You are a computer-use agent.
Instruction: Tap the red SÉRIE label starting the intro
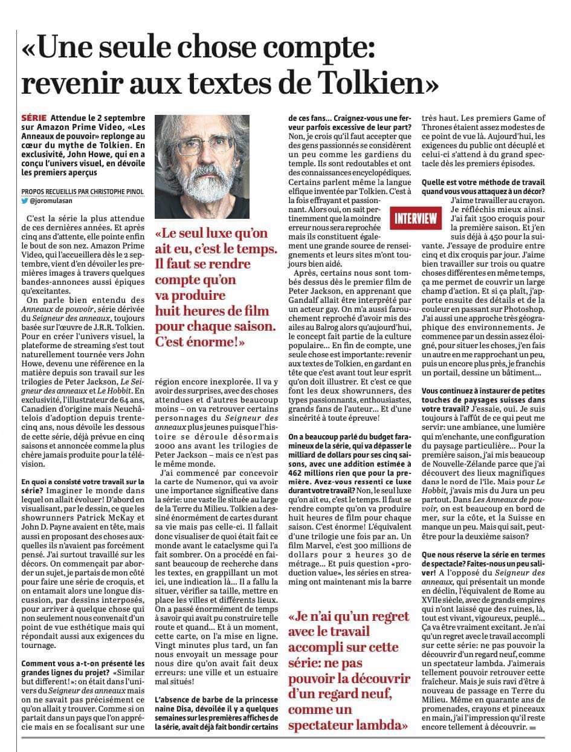35,117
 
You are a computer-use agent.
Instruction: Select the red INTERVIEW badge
416,218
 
